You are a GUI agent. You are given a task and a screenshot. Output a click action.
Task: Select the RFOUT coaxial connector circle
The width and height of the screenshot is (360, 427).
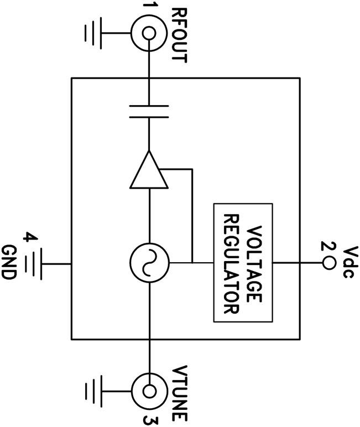(x=148, y=33)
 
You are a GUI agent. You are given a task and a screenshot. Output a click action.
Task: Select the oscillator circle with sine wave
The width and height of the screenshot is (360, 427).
(x=148, y=263)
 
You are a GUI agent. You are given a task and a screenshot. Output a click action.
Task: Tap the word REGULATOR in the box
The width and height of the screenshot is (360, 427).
(x=231, y=263)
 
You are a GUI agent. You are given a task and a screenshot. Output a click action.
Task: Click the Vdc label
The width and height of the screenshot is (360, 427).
(x=346, y=263)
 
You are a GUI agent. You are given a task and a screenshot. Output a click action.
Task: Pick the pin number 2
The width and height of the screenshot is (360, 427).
(x=327, y=247)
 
